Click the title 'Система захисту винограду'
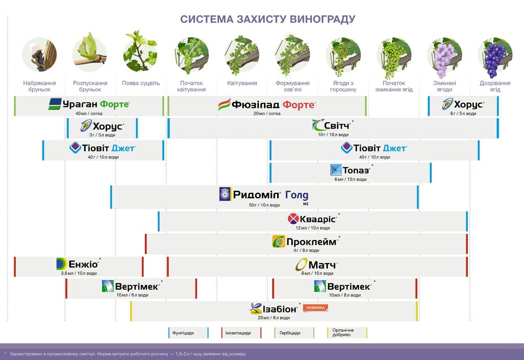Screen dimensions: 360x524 click(x=268, y=19)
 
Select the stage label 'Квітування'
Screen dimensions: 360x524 click(x=242, y=83)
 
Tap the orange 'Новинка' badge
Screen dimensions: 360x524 click(x=315, y=308)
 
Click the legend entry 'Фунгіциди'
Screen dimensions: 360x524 click(x=188, y=333)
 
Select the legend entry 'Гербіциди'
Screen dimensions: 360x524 click(x=294, y=333)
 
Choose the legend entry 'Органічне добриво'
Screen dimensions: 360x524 click(x=346, y=333)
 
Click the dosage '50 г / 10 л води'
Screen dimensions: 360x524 click(x=267, y=204)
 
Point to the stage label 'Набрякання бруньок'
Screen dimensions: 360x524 click(x=40, y=86)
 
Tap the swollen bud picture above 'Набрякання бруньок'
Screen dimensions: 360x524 click(x=39, y=54)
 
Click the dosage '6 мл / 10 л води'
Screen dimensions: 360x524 click(x=351, y=179)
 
